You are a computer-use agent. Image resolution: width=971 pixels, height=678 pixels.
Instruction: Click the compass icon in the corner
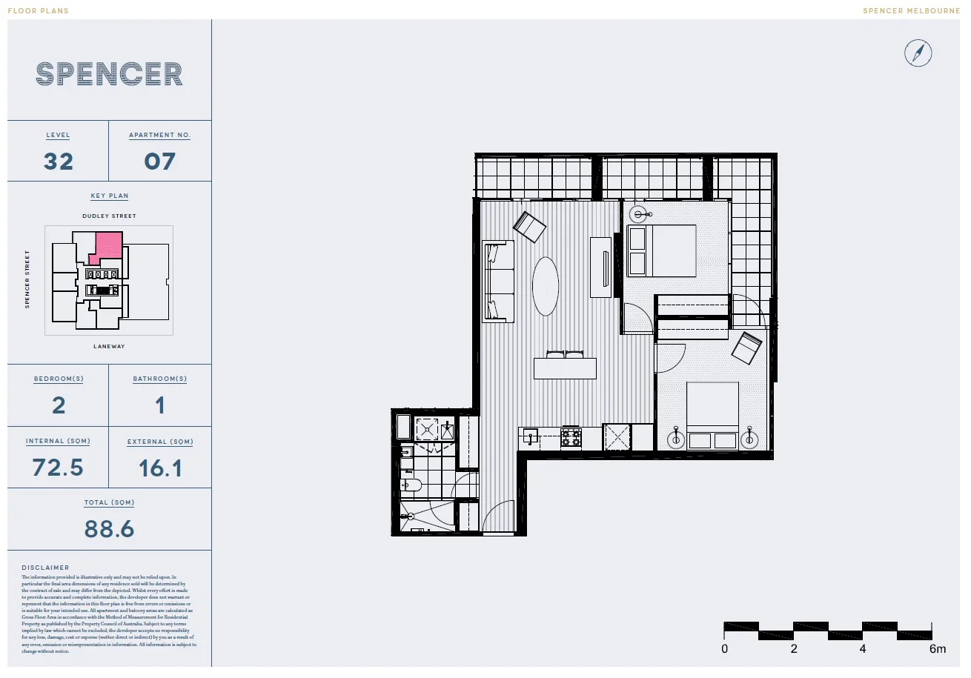(x=918, y=53)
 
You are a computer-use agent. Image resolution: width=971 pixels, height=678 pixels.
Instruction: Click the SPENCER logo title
(x=110, y=74)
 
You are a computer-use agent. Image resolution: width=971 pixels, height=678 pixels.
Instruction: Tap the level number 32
(x=59, y=162)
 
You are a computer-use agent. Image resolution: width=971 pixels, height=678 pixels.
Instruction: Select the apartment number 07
(x=160, y=162)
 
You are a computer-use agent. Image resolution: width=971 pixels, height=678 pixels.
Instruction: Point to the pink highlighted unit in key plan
(x=109, y=245)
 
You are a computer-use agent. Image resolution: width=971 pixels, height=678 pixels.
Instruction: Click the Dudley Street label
(x=109, y=216)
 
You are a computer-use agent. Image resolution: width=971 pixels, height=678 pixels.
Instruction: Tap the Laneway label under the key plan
(x=109, y=346)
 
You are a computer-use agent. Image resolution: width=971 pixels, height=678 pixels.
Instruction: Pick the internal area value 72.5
(x=58, y=468)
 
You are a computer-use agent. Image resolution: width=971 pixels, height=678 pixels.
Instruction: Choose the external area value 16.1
(x=160, y=468)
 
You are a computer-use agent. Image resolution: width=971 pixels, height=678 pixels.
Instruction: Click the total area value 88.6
(x=109, y=529)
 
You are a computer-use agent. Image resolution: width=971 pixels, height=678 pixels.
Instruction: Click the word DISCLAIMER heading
(x=45, y=568)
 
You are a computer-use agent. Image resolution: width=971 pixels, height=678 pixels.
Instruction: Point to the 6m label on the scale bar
(x=938, y=650)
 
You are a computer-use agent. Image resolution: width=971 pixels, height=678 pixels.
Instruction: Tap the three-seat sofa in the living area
(x=500, y=281)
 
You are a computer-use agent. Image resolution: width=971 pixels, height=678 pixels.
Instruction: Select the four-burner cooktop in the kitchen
(x=571, y=437)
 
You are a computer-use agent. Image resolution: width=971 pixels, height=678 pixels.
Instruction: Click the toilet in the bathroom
(x=410, y=486)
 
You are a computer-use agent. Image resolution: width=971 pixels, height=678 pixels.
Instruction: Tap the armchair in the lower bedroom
(x=747, y=348)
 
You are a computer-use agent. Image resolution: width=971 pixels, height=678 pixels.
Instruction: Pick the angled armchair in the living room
(x=530, y=227)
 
